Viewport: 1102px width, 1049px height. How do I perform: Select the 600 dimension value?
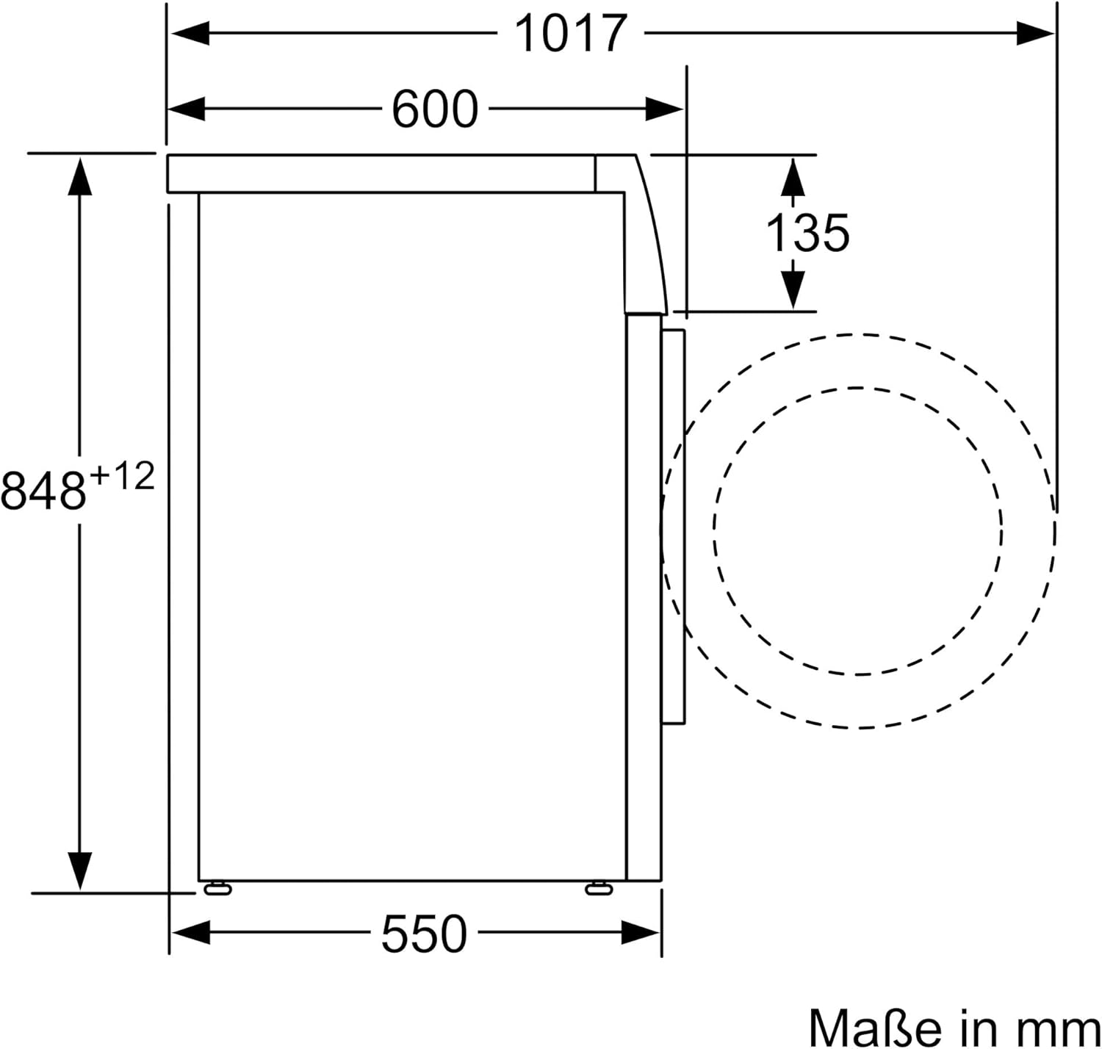point(434,109)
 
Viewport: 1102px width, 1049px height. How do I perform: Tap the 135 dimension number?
point(807,233)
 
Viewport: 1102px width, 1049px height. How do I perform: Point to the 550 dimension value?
point(424,934)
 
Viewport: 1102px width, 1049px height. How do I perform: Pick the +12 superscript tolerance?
point(122,477)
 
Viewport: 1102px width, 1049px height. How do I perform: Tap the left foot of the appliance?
point(217,889)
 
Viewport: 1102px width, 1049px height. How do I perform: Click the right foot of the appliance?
point(599,889)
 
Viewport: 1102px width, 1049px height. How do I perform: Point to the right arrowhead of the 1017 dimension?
point(1036,33)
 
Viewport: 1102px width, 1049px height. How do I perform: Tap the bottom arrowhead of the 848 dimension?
point(79,871)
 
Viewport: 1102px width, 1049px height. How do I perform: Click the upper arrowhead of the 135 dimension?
point(793,176)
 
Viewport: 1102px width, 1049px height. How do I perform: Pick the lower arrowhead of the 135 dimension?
point(793,289)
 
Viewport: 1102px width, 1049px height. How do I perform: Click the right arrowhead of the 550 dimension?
point(641,934)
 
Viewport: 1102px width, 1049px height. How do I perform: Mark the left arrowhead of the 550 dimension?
point(190,934)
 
